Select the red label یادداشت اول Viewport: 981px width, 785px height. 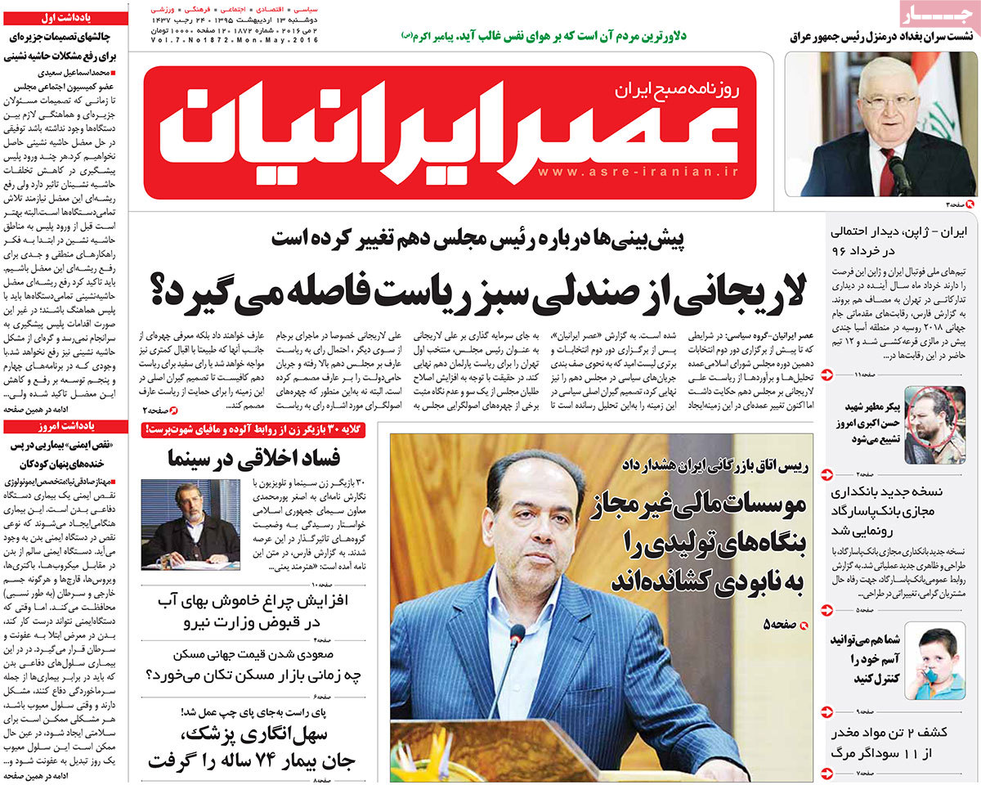click(66, 16)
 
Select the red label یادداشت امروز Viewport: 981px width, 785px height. click(66, 427)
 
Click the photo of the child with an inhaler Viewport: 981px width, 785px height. click(934, 662)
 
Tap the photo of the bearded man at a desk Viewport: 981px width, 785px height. click(190, 524)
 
